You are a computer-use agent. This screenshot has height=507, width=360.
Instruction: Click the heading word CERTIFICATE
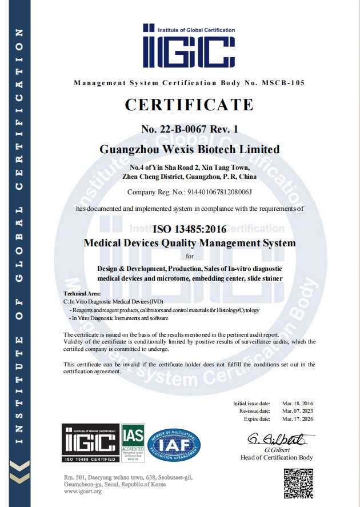coord(189,105)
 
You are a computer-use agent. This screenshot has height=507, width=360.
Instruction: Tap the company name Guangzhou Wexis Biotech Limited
coord(190,149)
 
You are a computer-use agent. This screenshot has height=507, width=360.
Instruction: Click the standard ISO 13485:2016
coord(189,229)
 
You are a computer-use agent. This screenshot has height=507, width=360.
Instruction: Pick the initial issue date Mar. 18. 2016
coord(298,404)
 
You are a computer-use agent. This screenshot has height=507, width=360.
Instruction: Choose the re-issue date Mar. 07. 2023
coord(298,411)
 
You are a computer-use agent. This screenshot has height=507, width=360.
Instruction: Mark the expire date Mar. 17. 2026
coord(298,418)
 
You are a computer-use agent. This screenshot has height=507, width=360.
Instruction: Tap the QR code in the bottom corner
coord(298,482)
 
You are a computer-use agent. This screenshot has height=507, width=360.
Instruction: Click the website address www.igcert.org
coord(83,492)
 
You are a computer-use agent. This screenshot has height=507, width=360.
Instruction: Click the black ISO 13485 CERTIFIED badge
coord(90,442)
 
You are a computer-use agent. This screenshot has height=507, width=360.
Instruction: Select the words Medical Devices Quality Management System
coord(190,243)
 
